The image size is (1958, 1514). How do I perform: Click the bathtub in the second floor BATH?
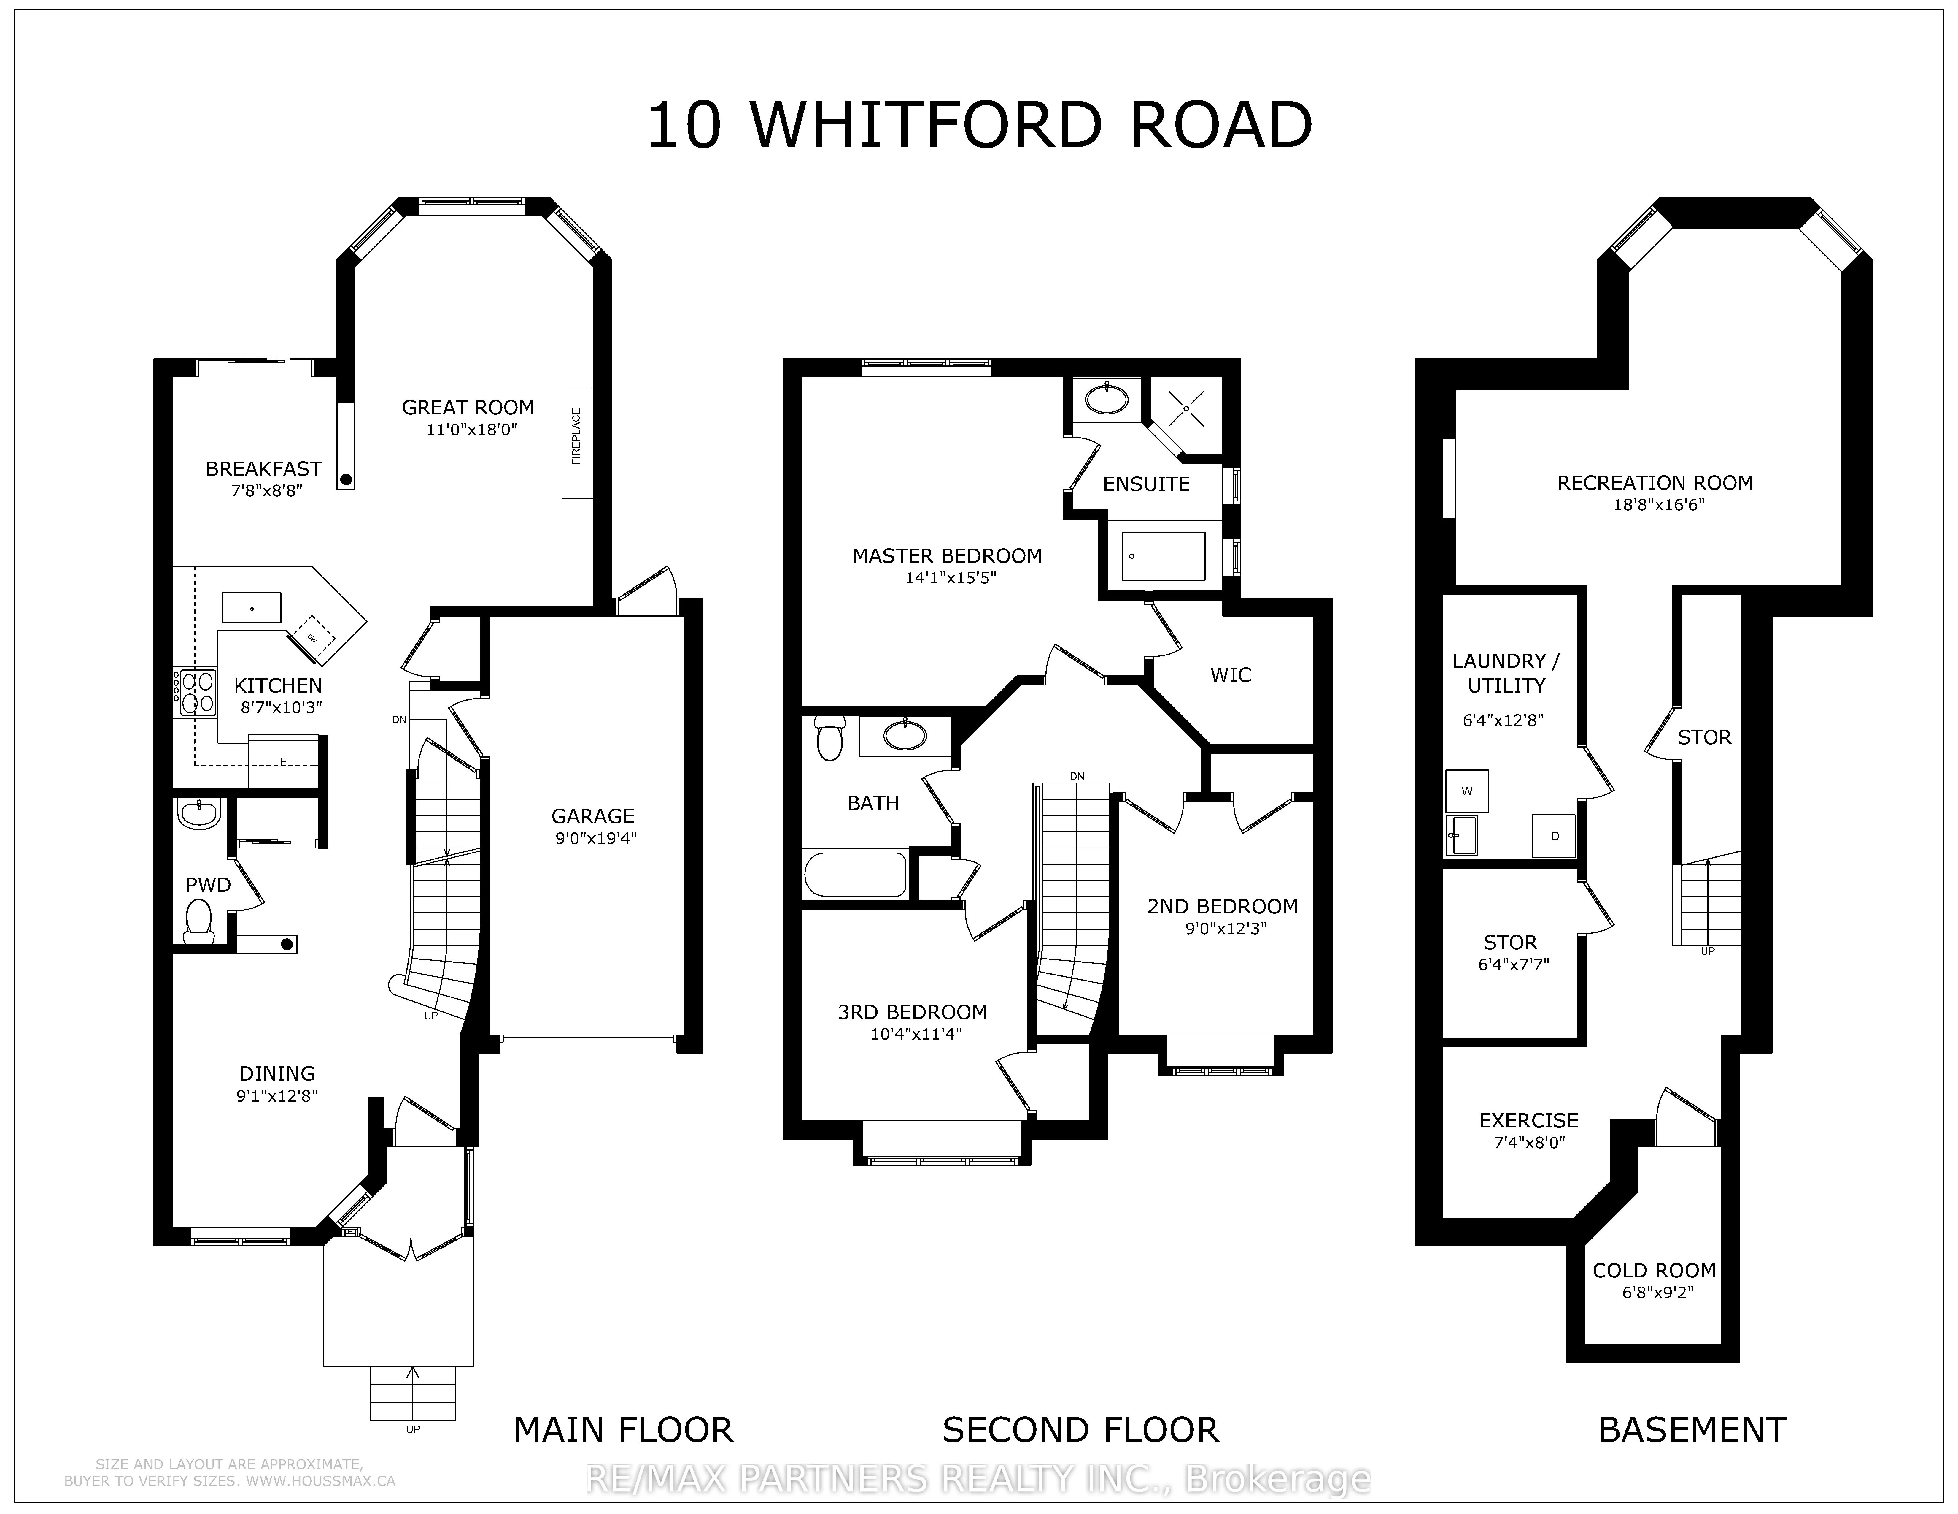pos(855,875)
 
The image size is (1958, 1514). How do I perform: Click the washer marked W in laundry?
pos(1467,791)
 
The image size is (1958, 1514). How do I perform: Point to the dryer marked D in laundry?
pos(1555,836)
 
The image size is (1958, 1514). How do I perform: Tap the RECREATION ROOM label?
pos(1655,482)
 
